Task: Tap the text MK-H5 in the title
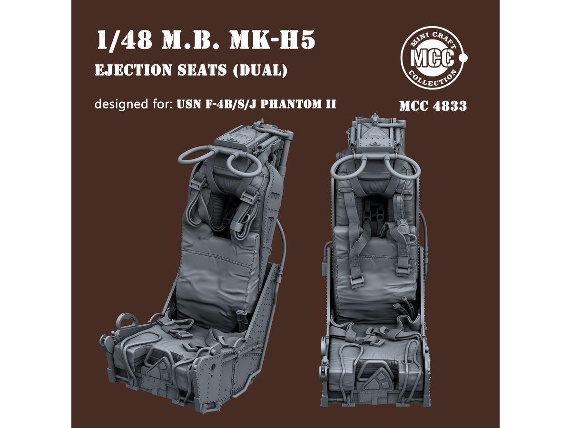tap(272, 40)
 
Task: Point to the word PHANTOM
tap(290, 104)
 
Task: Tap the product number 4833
tap(450, 106)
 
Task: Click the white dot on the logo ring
tap(463, 57)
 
